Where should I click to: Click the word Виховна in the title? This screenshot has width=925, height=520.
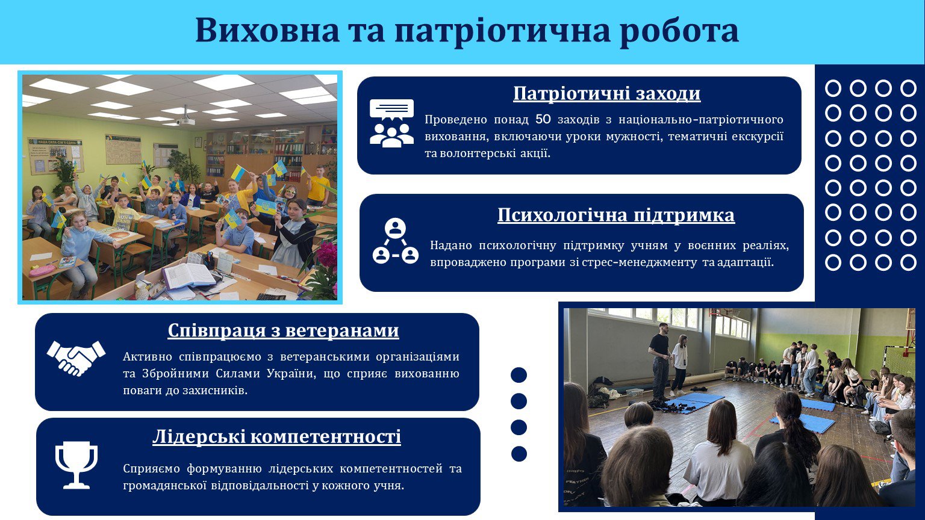(x=267, y=30)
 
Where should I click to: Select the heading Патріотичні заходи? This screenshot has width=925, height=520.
(x=606, y=93)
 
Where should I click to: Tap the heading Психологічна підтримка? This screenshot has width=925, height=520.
(x=616, y=215)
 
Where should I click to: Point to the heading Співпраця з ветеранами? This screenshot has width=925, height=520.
(x=283, y=330)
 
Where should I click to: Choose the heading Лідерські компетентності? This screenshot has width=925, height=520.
(x=276, y=436)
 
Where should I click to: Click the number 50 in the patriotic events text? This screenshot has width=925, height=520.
(x=543, y=119)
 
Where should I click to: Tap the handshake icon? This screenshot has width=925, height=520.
(x=76, y=358)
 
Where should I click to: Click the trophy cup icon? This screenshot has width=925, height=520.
(x=76, y=465)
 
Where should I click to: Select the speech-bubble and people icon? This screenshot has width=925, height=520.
(x=391, y=123)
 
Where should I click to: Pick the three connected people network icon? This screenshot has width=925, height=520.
(x=395, y=241)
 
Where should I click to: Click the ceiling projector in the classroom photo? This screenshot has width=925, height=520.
(x=186, y=120)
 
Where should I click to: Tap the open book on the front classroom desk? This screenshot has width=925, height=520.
(x=189, y=275)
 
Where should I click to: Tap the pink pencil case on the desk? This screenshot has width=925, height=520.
(x=43, y=271)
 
